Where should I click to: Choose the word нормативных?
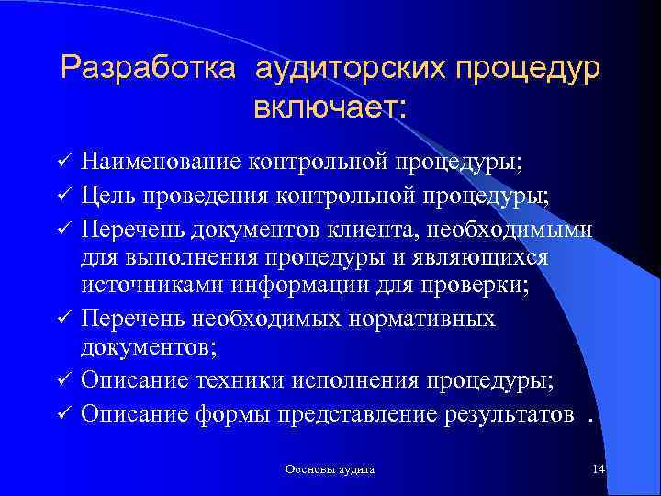[x=423, y=319]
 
